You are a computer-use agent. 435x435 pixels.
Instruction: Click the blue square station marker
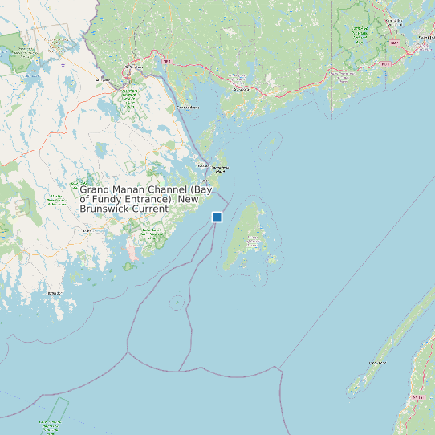pos(217,217)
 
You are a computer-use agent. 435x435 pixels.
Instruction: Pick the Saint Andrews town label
pos(187,107)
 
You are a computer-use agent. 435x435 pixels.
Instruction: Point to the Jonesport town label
pos(55,294)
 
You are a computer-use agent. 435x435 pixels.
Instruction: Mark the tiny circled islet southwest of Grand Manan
pos(176,302)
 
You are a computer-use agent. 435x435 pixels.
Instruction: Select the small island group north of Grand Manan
pos(271,144)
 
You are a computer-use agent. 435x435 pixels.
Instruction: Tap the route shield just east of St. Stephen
pos(168,61)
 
